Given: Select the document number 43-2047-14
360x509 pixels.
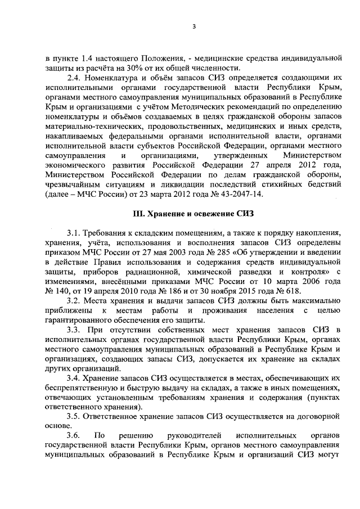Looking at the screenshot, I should coord(237,194).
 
